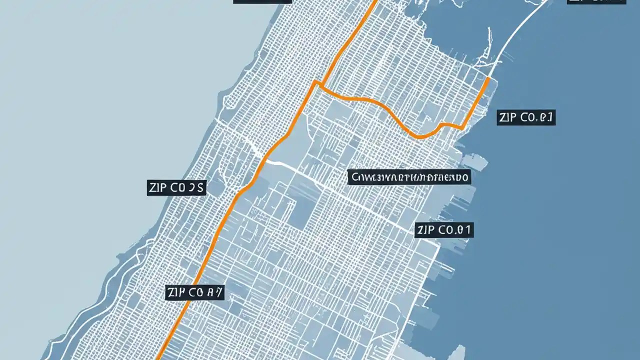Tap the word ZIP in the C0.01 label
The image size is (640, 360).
click(x=426, y=230)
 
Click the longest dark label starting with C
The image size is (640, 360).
click(x=409, y=177)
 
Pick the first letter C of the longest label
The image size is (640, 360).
click(x=355, y=177)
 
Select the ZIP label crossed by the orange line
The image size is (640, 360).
click(x=194, y=293)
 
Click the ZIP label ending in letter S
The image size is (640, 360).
click(x=176, y=188)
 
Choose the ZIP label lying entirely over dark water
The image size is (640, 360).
click(x=526, y=118)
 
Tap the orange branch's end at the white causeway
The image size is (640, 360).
click(x=487, y=78)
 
